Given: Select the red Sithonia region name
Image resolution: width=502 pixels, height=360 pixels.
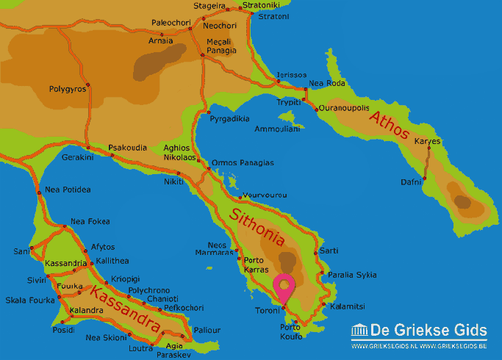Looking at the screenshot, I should [257, 227].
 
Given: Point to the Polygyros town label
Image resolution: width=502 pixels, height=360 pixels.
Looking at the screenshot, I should [68, 89].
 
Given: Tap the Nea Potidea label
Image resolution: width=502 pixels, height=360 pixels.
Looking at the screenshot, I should [68, 190].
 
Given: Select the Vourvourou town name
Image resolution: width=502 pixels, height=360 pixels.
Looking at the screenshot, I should [264, 195].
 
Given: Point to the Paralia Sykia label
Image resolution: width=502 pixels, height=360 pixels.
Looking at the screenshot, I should [351, 275].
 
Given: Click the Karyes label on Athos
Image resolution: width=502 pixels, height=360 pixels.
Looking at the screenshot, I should [427, 140].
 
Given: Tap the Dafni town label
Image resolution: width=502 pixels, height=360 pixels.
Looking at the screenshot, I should [411, 181].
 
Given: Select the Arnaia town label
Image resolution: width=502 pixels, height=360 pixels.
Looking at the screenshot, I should [162, 40].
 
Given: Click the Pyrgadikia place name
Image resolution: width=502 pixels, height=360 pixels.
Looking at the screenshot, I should [229, 118].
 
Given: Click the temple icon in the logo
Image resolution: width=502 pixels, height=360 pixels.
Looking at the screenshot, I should [359, 331].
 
